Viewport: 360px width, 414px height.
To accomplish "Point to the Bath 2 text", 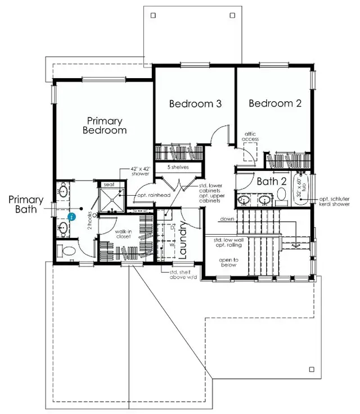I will [x=272, y=182].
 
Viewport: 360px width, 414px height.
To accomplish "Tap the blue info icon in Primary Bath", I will [x=71, y=216].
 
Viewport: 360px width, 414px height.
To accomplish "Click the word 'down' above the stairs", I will [x=227, y=219].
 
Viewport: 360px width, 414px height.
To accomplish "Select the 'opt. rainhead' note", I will [x=154, y=195].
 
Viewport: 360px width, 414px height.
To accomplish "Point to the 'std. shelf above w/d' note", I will [x=183, y=275].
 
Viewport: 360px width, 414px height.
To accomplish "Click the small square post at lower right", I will [x=311, y=369].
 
